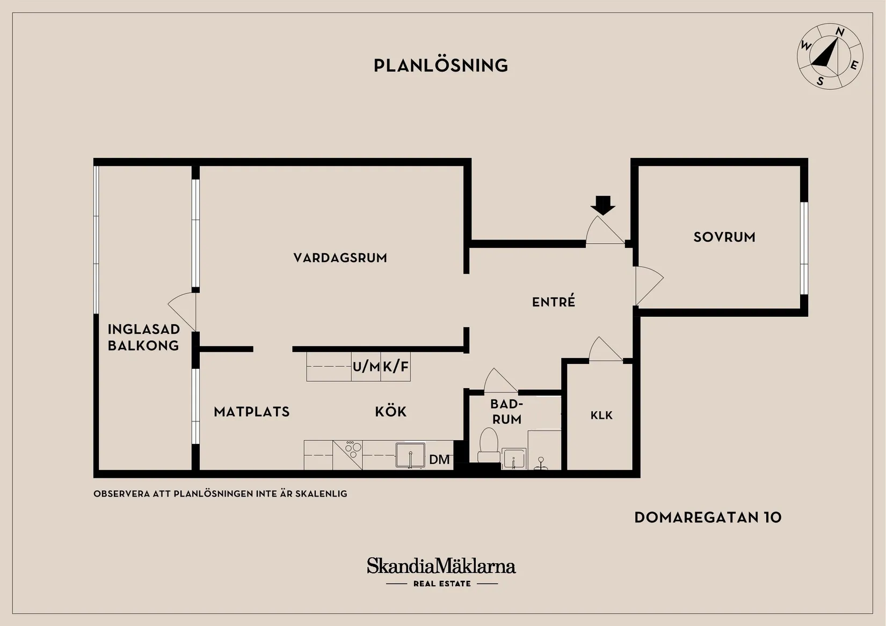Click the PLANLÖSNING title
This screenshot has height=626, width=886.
(441, 65)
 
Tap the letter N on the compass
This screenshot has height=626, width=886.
(840, 32)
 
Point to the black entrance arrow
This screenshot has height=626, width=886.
(603, 206)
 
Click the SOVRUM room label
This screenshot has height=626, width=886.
(724, 237)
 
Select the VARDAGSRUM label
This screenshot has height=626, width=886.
(340, 258)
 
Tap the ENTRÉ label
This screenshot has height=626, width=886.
(554, 302)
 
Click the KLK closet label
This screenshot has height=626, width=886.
(601, 415)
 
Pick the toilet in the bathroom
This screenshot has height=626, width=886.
(489, 446)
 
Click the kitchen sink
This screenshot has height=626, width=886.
(410, 455)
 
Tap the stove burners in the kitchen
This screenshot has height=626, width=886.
(353, 449)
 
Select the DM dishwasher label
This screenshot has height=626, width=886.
(439, 460)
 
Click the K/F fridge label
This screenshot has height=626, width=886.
(396, 367)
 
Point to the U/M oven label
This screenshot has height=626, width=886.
(366, 367)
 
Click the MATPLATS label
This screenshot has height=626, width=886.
(251, 412)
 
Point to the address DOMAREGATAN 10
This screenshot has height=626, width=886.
(708, 518)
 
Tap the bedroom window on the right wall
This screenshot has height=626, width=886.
(804, 249)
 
